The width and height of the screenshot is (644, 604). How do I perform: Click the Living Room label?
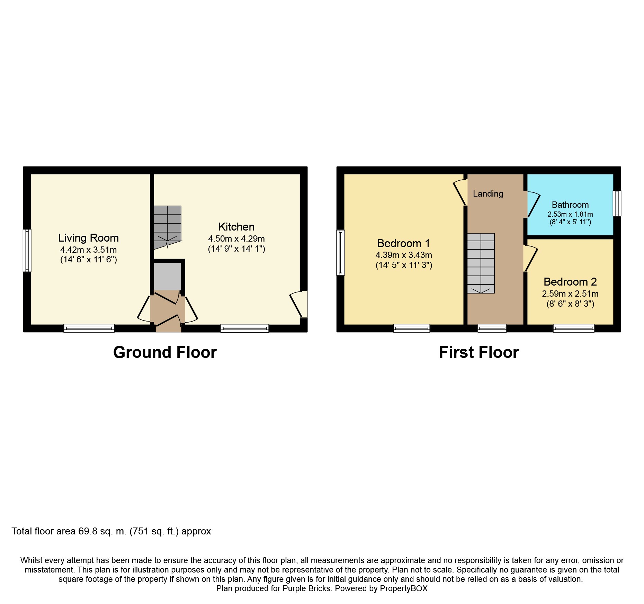pyautogui.click(x=88, y=238)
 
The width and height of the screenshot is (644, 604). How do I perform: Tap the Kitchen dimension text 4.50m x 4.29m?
pyautogui.click(x=236, y=238)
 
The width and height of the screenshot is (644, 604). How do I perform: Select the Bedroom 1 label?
pyautogui.click(x=404, y=243)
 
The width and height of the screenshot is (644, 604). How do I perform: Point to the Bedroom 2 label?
pyautogui.click(x=570, y=282)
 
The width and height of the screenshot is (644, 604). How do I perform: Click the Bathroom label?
pyautogui.click(x=570, y=205)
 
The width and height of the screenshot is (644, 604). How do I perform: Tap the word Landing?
pyautogui.click(x=488, y=194)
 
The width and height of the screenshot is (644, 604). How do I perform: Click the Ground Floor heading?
pyautogui.click(x=165, y=352)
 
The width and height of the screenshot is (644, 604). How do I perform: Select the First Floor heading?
pyautogui.click(x=479, y=352)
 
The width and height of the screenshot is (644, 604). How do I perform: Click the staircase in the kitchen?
pyautogui.click(x=167, y=227)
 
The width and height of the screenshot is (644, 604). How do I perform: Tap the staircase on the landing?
pyautogui.click(x=481, y=263)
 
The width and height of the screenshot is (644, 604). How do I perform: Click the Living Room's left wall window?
pyautogui.click(x=27, y=250)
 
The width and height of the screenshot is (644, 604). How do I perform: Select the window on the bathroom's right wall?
pyautogui.click(x=617, y=203)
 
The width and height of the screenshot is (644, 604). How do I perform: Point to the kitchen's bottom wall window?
pyautogui.click(x=245, y=328)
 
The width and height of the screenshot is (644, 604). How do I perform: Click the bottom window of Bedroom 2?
pyautogui.click(x=574, y=328)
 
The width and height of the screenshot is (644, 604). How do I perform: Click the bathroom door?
pyautogui.click(x=533, y=204)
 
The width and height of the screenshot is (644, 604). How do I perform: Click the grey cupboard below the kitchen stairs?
pyautogui.click(x=167, y=276)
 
